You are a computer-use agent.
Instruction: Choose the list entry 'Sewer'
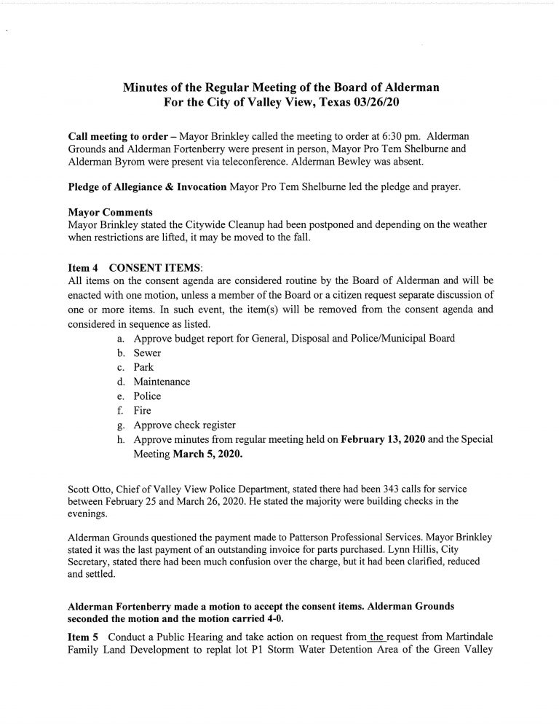click(147, 353)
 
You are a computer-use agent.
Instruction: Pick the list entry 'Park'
click(143, 368)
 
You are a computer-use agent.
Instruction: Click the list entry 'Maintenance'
click(162, 382)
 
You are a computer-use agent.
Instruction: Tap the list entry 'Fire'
click(143, 411)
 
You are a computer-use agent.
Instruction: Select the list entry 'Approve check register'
click(185, 425)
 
